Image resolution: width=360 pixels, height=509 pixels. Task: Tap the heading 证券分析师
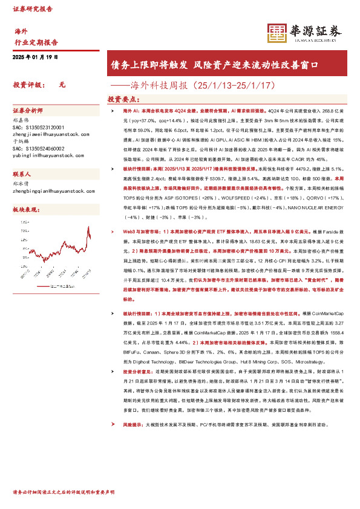(x=28, y=111)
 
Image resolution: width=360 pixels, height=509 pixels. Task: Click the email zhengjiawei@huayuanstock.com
(x=46, y=136)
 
